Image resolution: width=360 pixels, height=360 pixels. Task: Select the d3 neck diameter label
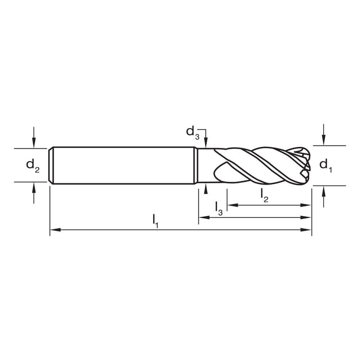(192, 132)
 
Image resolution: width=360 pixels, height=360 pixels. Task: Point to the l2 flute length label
(264, 195)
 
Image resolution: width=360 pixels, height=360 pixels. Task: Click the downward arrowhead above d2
(34, 144)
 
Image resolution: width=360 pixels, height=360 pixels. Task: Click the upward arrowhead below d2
(34, 186)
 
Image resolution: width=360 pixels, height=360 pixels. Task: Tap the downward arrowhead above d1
(324, 141)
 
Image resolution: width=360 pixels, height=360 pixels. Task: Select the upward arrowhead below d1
(324, 190)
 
